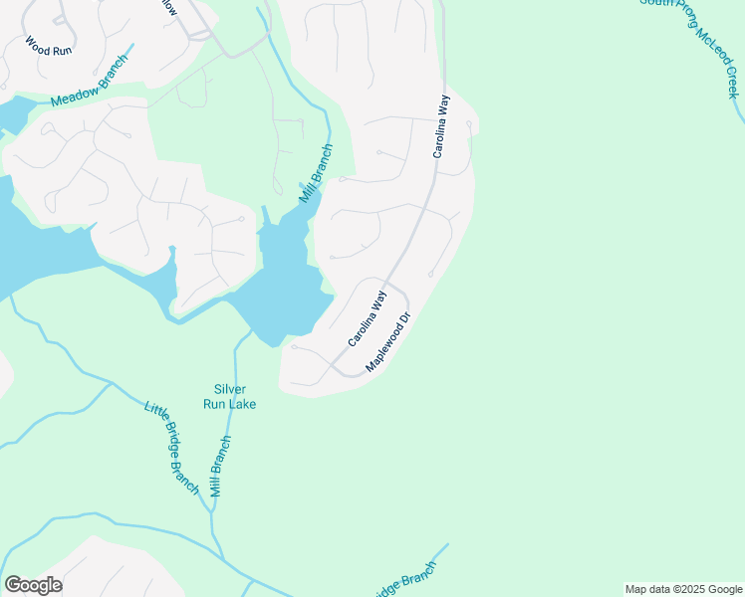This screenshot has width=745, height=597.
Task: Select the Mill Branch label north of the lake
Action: click(316, 174)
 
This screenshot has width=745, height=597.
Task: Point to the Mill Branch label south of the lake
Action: click(220, 466)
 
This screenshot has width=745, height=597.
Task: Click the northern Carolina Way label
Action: click(439, 126)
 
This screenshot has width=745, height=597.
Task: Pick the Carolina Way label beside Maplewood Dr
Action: click(366, 318)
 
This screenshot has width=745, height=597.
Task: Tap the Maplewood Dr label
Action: click(388, 343)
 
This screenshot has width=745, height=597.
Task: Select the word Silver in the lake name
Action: click(230, 389)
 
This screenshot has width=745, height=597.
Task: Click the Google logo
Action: click(33, 585)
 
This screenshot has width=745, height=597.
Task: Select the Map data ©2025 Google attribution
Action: click(683, 589)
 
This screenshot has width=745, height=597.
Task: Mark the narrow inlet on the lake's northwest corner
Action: click(265, 216)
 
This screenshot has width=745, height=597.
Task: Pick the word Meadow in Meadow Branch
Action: click(74, 96)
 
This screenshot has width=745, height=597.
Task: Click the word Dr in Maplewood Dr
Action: click(404, 323)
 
